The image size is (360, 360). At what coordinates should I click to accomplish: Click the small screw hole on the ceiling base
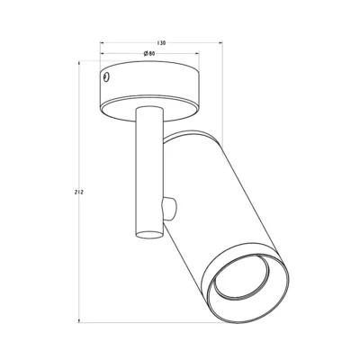(108, 77)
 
